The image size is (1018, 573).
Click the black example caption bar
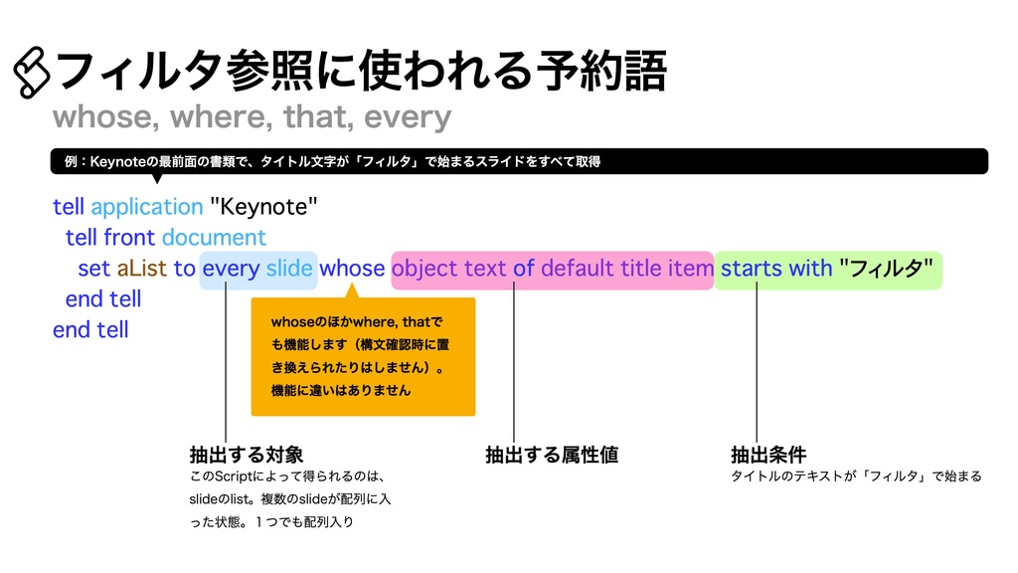point(517,161)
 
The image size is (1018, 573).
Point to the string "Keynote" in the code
point(263,207)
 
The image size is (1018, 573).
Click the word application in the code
point(146,207)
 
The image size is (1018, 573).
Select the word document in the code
point(214,238)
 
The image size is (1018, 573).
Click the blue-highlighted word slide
point(289,269)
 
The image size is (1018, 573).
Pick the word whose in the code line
point(352,269)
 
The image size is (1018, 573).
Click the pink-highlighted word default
point(577,269)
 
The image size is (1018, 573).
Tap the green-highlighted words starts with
point(775,269)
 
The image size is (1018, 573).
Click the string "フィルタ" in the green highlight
point(886,269)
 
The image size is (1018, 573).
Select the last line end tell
point(90,329)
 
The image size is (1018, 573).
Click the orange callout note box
point(363,356)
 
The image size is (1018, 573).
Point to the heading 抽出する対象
point(246,456)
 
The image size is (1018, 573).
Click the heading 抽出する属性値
point(552,456)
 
